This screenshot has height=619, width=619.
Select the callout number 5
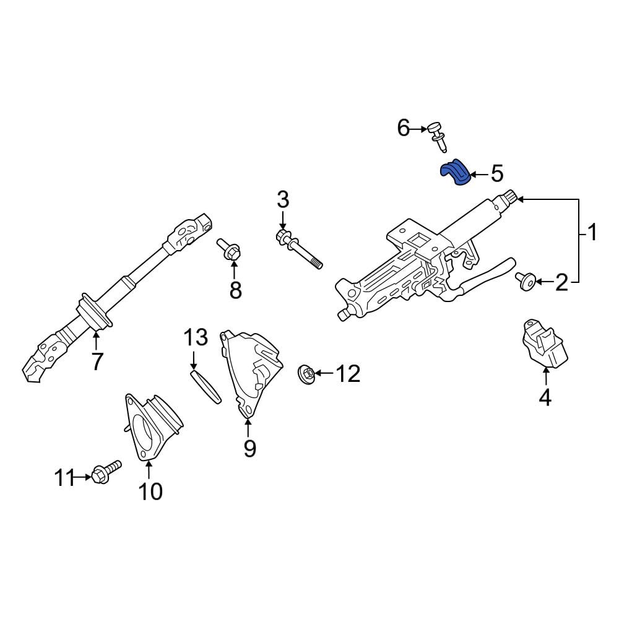tap(497, 174)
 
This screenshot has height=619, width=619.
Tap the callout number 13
tap(196, 338)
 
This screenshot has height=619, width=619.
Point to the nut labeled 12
tap(306, 374)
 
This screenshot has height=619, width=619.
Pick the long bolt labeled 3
tap(299, 249)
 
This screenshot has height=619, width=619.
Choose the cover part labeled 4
tap(545, 344)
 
